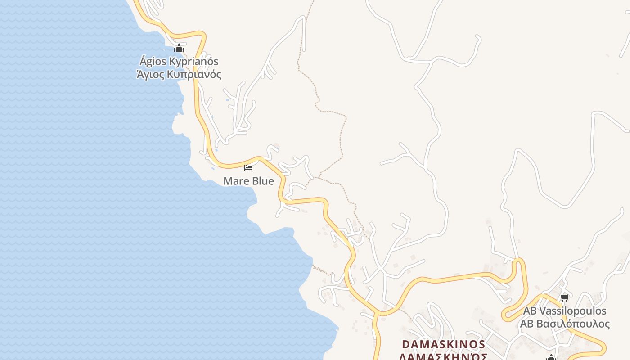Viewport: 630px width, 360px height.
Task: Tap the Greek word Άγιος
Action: click(150, 75)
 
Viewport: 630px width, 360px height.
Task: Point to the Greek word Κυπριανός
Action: click(194, 75)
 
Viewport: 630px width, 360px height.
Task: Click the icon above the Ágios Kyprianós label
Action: click(179, 48)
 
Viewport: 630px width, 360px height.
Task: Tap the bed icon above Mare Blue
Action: click(248, 168)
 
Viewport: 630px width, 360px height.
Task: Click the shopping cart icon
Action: click(564, 297)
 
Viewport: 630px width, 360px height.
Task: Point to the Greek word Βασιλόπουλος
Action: click(572, 324)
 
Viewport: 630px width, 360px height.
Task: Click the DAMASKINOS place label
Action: click(443, 344)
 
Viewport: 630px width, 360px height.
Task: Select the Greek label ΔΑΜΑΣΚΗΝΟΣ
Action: click(443, 356)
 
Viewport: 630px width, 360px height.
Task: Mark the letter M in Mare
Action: click(228, 181)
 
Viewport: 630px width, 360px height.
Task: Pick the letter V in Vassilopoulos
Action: click(543, 311)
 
